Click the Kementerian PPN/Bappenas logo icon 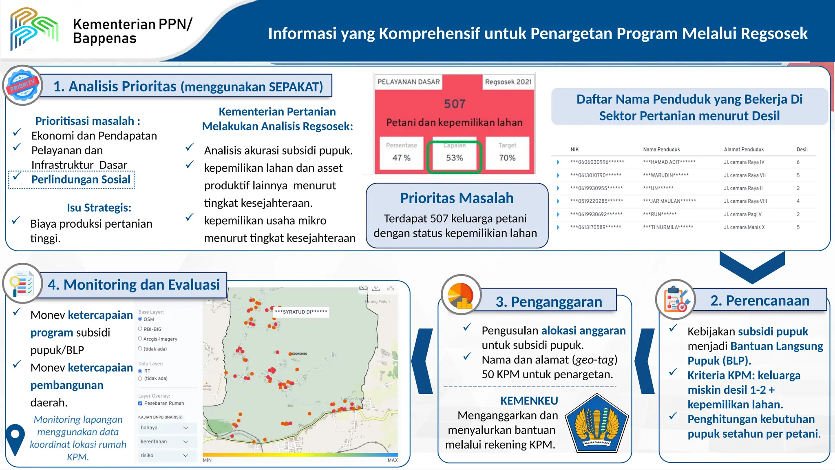click(x=34, y=29)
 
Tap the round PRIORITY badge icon click(x=23, y=85)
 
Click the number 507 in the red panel click(x=454, y=104)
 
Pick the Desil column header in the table click(x=802, y=149)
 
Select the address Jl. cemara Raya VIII click(x=745, y=201)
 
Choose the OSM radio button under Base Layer click(x=140, y=319)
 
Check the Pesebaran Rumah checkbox click(x=140, y=403)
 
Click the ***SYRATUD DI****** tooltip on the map click(x=301, y=312)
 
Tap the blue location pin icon click(x=15, y=439)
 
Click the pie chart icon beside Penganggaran click(x=461, y=295)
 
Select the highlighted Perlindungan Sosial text click(x=81, y=180)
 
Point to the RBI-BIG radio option click(x=140, y=329)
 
